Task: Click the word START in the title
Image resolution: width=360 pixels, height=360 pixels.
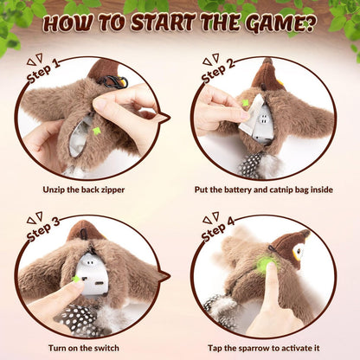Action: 157,22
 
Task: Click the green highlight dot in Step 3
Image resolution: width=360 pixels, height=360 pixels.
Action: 77,280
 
